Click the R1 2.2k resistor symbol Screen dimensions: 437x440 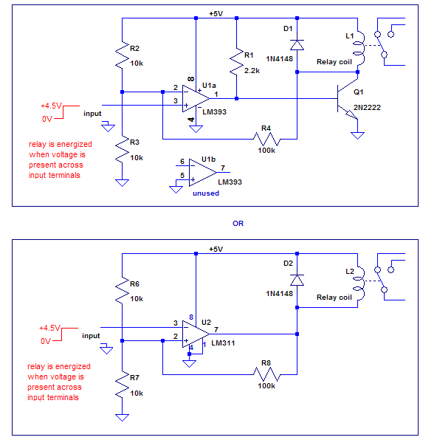click(x=237, y=62)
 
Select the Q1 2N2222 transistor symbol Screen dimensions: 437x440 click(x=348, y=99)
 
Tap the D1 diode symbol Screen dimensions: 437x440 click(x=297, y=45)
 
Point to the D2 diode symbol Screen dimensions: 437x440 click(x=297, y=280)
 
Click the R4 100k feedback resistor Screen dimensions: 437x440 click(x=266, y=139)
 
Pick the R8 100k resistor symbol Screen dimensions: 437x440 click(x=266, y=374)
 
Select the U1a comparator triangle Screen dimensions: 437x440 click(x=196, y=98)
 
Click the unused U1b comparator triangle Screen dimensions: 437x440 click(x=202, y=172)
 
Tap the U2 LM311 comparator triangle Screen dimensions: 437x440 click(x=196, y=334)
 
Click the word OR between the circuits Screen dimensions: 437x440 click(x=238, y=224)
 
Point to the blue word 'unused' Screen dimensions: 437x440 click(x=206, y=193)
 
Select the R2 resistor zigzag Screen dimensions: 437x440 click(x=122, y=55)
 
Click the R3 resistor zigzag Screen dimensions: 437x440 click(x=122, y=149)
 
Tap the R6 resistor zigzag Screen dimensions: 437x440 click(x=122, y=290)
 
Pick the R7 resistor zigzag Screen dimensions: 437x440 click(x=122, y=384)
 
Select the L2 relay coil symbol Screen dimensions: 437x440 click(x=359, y=283)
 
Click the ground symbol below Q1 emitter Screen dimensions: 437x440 click(x=357, y=136)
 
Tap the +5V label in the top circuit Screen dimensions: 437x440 click(x=216, y=13)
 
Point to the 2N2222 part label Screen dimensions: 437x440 click(x=367, y=108)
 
